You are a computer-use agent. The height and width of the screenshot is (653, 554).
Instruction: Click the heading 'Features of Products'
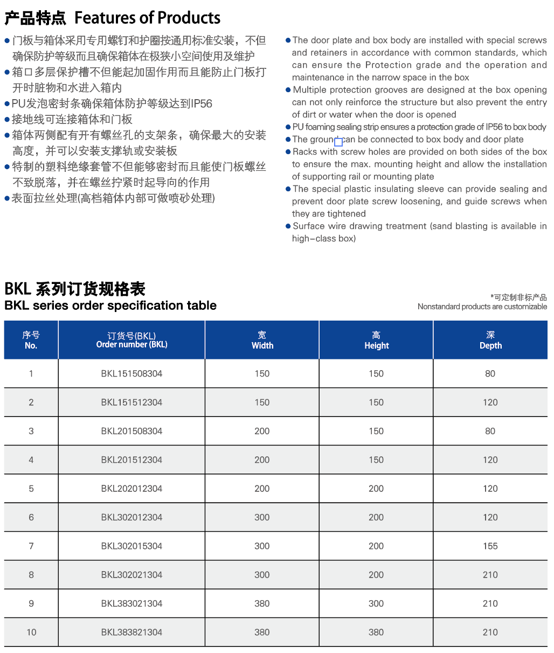coord(147,18)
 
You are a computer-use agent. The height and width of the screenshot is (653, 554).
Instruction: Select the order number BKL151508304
coord(131,373)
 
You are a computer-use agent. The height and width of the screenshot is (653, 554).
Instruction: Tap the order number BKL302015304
coord(131,546)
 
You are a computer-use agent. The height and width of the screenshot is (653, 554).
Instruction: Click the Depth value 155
coord(490,546)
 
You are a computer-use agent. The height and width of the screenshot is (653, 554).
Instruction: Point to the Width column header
coord(262,340)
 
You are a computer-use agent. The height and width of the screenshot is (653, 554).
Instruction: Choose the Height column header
coord(376,340)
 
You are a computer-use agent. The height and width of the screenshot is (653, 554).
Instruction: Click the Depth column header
coord(490,340)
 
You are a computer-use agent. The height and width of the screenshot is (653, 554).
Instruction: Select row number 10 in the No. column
coord(31,632)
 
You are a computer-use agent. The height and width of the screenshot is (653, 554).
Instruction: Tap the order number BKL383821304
coord(131,632)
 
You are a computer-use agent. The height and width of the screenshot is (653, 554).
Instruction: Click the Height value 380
coord(376,632)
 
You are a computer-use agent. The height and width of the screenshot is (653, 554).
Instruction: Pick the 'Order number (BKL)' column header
coord(131,340)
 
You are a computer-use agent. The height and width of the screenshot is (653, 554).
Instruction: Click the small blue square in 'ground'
coord(338,142)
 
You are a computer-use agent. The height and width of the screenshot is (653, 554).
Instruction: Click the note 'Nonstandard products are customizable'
coord(482,307)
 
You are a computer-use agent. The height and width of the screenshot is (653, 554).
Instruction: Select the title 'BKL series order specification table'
coord(110,305)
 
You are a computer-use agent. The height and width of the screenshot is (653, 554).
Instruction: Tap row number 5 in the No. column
coord(31,489)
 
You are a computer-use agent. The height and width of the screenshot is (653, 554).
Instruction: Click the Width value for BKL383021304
coord(262,603)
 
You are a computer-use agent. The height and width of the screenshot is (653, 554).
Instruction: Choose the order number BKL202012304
coord(131,489)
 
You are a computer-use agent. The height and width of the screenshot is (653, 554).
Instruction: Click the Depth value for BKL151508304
coord(490,373)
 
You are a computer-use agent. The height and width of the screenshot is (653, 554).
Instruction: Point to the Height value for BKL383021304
coord(376,603)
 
